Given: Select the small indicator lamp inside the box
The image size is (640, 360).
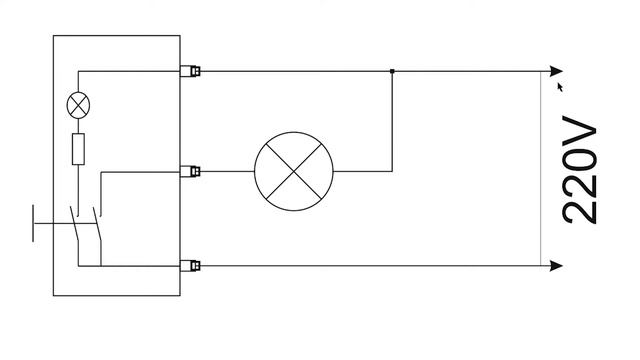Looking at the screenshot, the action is [78, 105].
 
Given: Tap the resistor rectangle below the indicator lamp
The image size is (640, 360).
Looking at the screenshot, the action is [78, 149].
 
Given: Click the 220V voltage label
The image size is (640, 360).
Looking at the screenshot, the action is [580, 170].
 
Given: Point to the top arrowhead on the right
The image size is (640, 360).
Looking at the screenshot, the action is [556, 71].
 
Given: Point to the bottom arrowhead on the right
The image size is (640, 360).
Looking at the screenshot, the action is [556, 266].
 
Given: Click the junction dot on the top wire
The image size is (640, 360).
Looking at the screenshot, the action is [392, 71].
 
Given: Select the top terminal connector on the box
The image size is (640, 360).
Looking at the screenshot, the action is [190, 71].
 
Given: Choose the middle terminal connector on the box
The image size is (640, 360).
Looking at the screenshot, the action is [190, 171].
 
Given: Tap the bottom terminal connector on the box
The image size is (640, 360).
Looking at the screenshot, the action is [190, 266].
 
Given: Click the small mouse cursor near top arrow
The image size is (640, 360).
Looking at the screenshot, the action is [560, 87].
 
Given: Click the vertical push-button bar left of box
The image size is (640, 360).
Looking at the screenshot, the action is [33, 224].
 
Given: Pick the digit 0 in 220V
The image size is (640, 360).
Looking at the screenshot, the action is [580, 161].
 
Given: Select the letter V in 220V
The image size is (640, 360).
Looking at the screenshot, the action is [580, 131].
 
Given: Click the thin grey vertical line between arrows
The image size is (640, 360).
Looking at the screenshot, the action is [541, 169].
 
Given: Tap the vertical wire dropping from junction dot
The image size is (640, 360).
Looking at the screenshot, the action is [392, 121].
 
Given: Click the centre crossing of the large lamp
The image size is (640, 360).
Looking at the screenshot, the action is [294, 171].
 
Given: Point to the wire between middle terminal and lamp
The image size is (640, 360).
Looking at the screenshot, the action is [227, 171].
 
